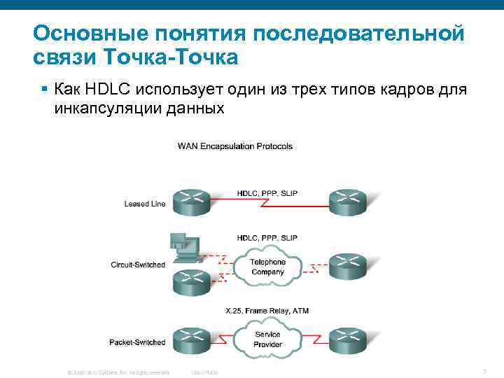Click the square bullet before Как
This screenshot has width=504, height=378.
pos(43,90)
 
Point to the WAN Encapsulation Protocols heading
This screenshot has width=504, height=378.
pos(235,146)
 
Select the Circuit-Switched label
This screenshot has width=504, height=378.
pos(138,265)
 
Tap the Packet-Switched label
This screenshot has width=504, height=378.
pos(137,342)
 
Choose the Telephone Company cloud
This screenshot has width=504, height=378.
pos(267,267)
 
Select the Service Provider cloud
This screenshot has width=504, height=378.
pos(267,339)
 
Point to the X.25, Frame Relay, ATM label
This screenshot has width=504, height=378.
pos(267,311)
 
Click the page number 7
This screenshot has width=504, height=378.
pos(484,370)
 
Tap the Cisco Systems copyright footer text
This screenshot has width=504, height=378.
pos(118,372)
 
